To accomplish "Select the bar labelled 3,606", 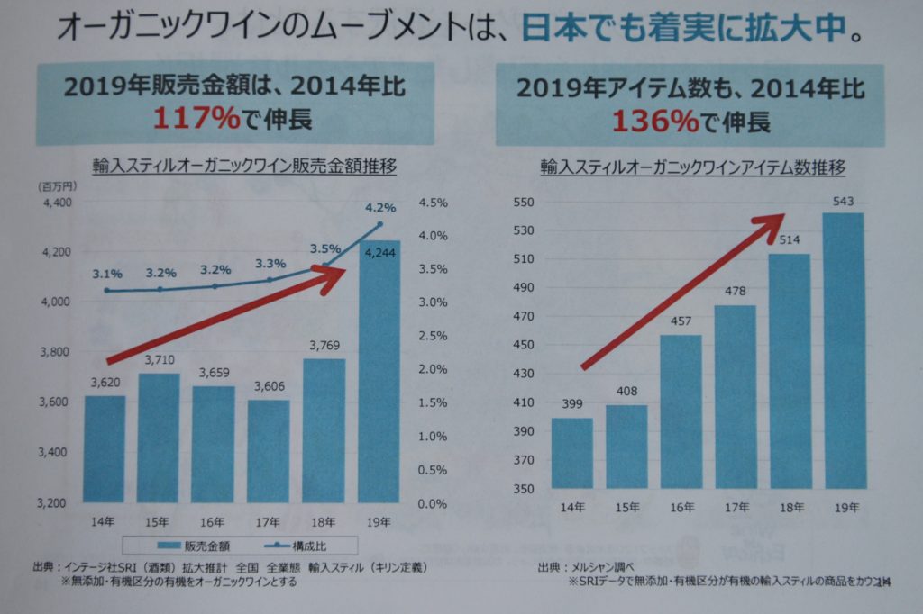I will (269, 450).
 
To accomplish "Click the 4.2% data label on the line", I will (380, 208).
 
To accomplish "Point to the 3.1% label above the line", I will (106, 274).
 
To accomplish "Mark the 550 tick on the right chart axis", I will (524, 203).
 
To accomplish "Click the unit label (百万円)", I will (59, 185).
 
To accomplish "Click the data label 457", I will (681, 322).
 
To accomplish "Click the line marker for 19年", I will (380, 224).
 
